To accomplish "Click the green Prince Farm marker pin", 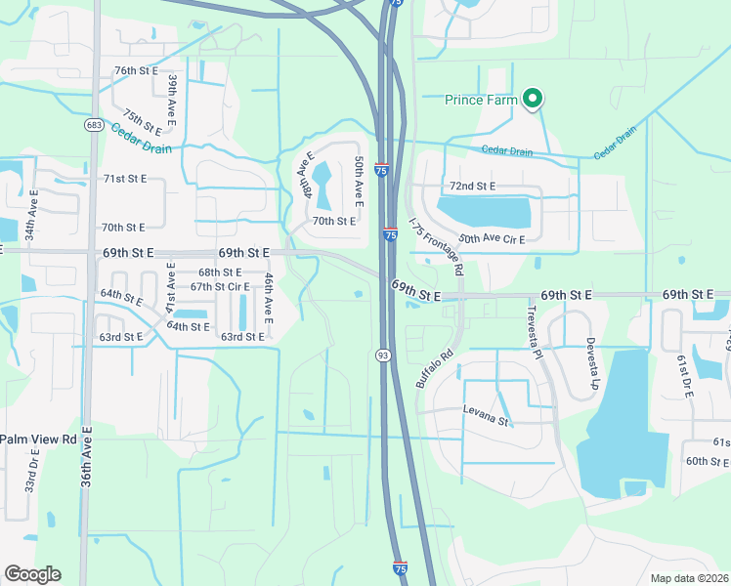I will pos(533,99).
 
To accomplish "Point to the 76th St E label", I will pos(136,71).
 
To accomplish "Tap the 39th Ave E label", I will pos(172,96).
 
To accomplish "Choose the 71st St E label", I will pos(125,179).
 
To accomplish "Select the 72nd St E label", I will pos(472,186).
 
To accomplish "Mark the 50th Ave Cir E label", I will pos(492,239).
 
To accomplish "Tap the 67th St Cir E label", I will pos(220,287).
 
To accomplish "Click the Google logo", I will pos(32,574).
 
